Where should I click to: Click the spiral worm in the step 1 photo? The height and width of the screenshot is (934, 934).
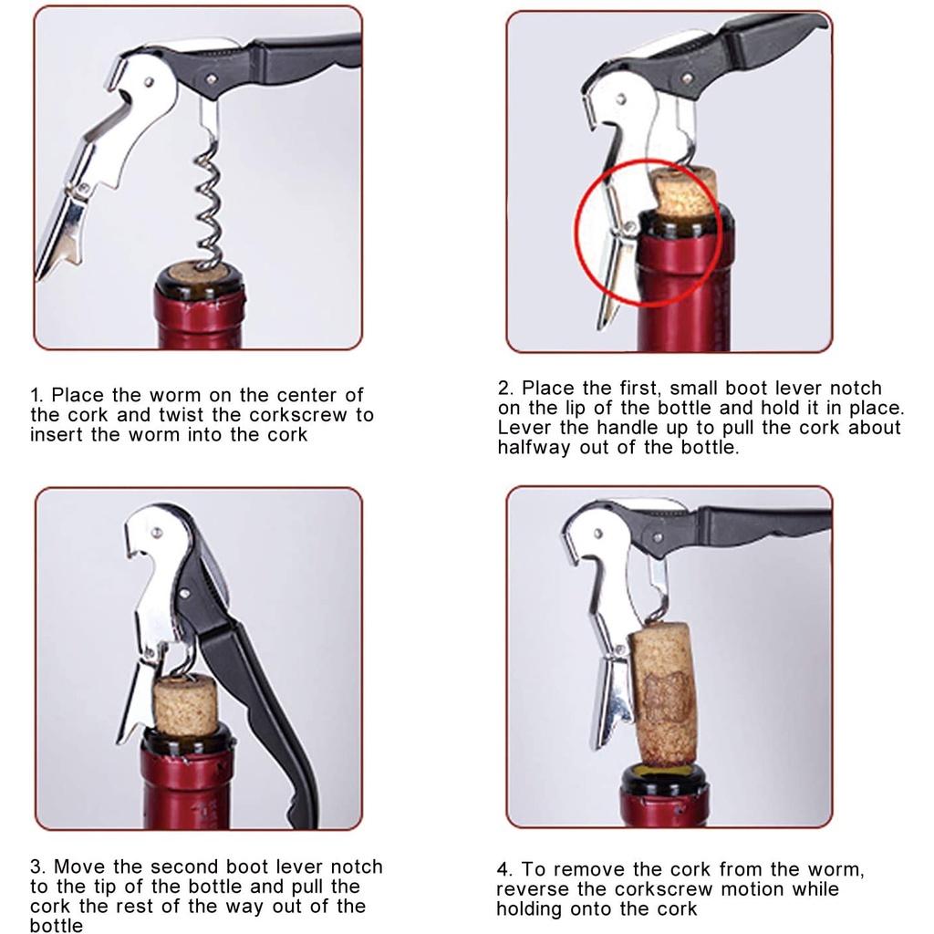coord(209,200)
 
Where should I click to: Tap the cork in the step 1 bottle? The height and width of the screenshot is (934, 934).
coord(198,275)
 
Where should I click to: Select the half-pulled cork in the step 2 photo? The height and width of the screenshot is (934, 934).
coord(685,192)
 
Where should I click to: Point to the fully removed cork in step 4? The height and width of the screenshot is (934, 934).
coord(664,694)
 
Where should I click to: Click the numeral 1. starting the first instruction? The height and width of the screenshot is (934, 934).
coord(36,395)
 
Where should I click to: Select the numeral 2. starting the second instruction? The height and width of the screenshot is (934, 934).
coord(505,389)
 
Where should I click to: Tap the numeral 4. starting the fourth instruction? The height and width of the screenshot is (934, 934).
coord(505,869)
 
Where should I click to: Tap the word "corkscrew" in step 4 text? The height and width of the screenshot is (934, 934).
coord(663,890)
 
